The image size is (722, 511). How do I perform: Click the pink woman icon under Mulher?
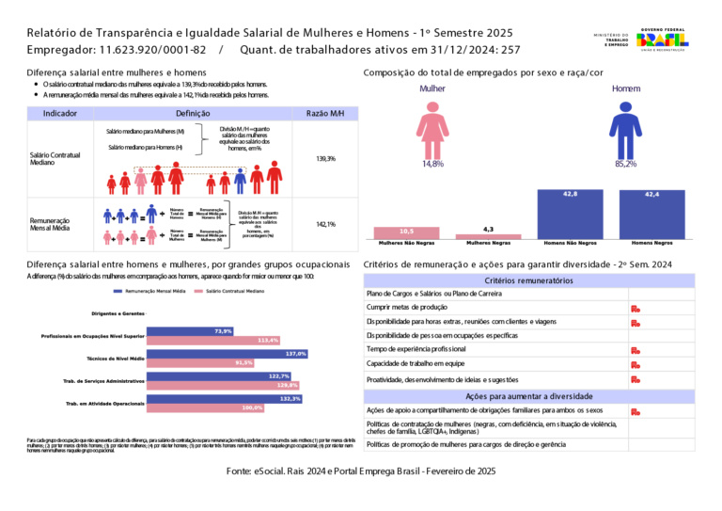point(432,130)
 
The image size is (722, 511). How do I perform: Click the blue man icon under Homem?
point(624,130)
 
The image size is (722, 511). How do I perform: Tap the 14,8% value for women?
point(432,164)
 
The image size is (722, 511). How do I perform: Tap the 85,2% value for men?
point(625,164)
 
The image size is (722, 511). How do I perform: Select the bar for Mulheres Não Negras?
point(406,232)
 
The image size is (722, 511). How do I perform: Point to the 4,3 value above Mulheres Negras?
point(488,229)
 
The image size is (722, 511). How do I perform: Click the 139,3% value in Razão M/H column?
point(325,159)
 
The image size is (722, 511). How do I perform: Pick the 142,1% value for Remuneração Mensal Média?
point(325,224)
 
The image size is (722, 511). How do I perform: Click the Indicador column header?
point(60,113)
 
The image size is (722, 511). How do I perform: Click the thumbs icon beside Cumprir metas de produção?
point(636,308)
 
